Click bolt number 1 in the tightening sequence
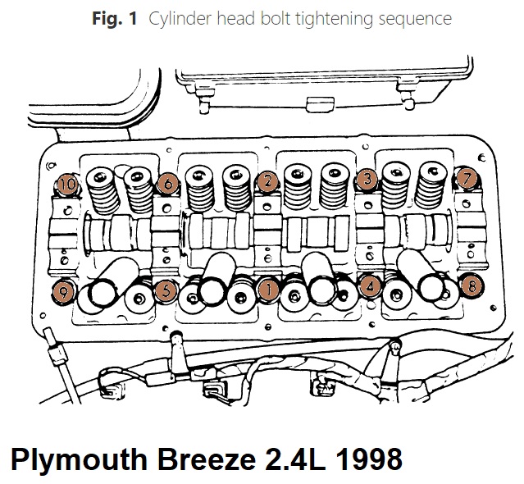tap(267, 288)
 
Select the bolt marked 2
tap(266, 181)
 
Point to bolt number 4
tap(371, 287)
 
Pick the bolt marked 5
tap(165, 289)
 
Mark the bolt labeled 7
tap(466, 176)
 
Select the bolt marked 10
tap(67, 185)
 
